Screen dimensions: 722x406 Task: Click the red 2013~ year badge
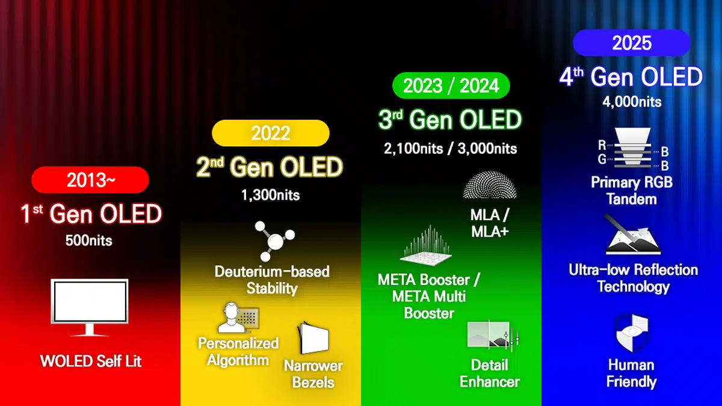tap(90, 180)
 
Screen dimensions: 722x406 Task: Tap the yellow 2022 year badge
tap(271, 133)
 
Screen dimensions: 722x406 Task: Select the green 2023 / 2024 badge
tap(451, 85)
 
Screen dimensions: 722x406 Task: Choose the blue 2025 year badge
tap(632, 43)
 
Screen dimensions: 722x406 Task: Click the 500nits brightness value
tap(89, 241)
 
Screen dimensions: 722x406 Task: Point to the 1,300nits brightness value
tap(271, 195)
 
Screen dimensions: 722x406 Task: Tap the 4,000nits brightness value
tap(632, 102)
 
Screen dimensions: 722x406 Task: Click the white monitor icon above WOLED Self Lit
tap(90, 308)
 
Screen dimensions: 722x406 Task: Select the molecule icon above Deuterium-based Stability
tap(274, 241)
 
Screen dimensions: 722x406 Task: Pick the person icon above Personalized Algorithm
tap(238, 318)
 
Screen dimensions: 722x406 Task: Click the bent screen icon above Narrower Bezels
tap(313, 338)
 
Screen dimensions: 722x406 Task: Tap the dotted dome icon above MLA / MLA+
tap(490, 185)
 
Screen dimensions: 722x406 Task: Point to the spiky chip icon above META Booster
tap(426, 245)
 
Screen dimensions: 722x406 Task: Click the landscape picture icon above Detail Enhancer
tap(493, 336)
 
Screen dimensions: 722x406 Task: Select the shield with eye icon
tap(632, 333)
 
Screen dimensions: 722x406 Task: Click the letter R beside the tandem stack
tap(602, 146)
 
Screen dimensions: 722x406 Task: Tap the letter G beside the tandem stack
tap(602, 159)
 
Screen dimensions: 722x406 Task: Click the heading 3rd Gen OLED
tap(450, 120)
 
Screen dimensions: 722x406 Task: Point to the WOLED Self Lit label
tap(91, 361)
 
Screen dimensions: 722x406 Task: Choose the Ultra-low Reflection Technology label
tap(634, 278)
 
